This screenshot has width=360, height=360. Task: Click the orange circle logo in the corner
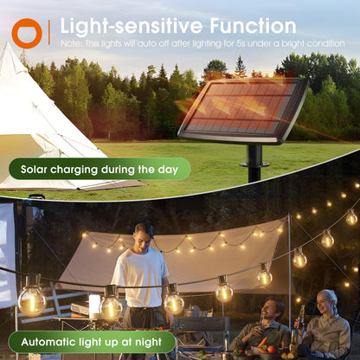tap(26, 33)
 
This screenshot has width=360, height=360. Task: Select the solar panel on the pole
tap(244, 111)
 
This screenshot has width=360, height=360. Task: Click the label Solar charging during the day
tap(100, 170)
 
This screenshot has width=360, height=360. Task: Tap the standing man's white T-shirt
tap(140, 277)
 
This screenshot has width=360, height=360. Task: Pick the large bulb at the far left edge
tap(31, 300)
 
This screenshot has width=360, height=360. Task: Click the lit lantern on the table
tap(94, 305)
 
